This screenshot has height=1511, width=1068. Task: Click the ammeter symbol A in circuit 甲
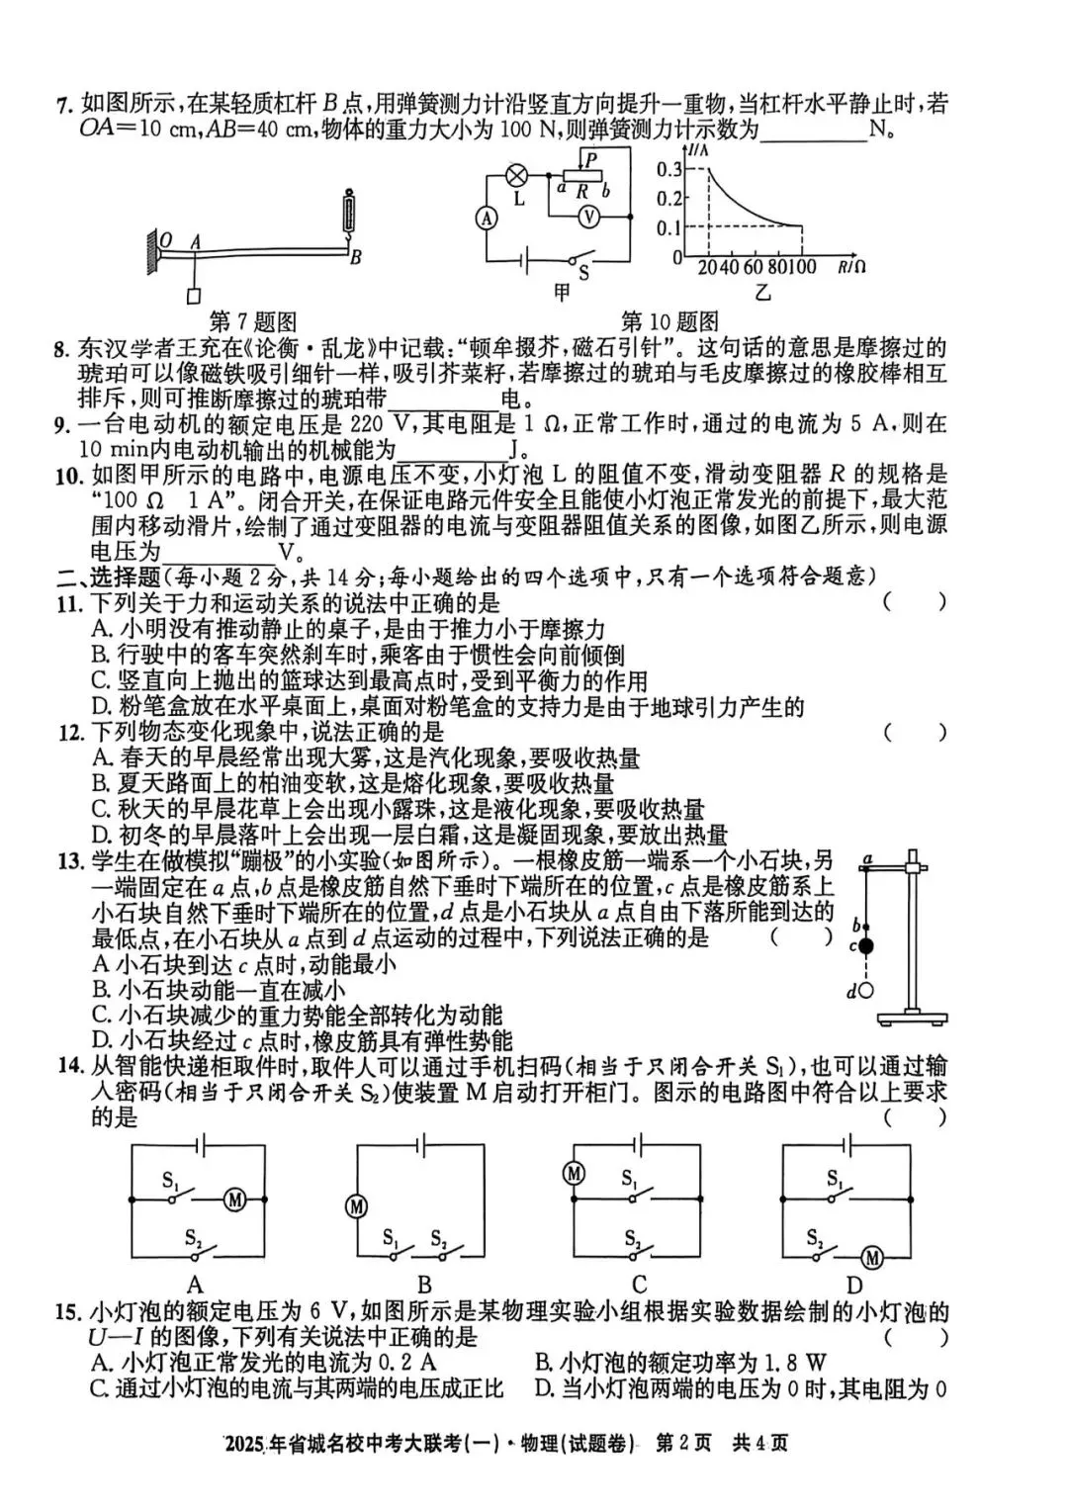487,220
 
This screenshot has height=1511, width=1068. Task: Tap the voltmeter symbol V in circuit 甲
589,216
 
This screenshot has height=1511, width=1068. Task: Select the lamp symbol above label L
515,175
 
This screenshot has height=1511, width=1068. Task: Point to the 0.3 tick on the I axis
669,169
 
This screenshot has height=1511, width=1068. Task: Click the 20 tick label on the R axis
708,267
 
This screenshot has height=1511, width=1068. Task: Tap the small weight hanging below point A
194,296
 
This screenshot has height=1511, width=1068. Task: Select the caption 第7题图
253,322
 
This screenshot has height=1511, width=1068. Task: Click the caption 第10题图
669,322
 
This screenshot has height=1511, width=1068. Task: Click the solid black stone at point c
866,946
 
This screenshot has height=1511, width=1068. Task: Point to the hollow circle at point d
866,990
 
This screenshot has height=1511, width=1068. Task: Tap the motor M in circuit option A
234,1200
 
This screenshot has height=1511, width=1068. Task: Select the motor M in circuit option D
871,1257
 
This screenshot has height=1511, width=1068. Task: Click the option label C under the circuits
639,1286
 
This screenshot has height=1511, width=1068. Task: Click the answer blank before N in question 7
813,131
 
